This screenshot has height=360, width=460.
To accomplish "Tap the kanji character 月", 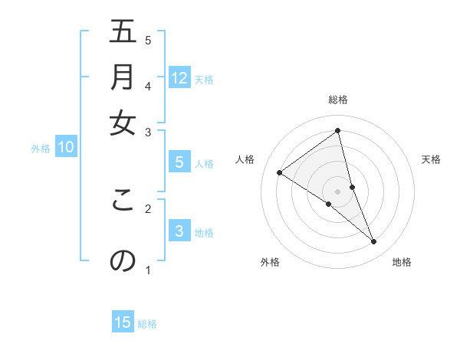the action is [x=123, y=77].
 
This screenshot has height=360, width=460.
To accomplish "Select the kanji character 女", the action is [x=123, y=123].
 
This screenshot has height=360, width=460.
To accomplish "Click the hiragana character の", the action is [x=123, y=260].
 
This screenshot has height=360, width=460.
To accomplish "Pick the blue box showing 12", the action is [x=179, y=77].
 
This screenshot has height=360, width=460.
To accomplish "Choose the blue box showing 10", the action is [x=66, y=148].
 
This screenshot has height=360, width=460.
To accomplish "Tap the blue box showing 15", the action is [x=123, y=322].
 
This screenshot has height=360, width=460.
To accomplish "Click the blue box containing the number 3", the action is [x=179, y=231].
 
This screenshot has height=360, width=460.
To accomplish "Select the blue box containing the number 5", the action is [x=179, y=162].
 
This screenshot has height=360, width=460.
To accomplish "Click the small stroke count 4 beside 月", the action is [x=148, y=86].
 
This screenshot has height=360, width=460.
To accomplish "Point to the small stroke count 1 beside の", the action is [x=148, y=269].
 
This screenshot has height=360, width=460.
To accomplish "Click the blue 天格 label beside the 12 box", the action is [x=204, y=79].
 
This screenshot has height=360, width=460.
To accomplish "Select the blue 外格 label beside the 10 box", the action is [x=41, y=149].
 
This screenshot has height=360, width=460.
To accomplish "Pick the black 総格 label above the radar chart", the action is [x=337, y=100].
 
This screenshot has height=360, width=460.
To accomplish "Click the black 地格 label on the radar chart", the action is [x=402, y=262].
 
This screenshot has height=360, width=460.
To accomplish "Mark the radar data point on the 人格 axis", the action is [x=279, y=172].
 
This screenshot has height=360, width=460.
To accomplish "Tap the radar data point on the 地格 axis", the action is [x=373, y=241].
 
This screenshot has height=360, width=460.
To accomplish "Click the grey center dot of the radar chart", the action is [x=337, y=191].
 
